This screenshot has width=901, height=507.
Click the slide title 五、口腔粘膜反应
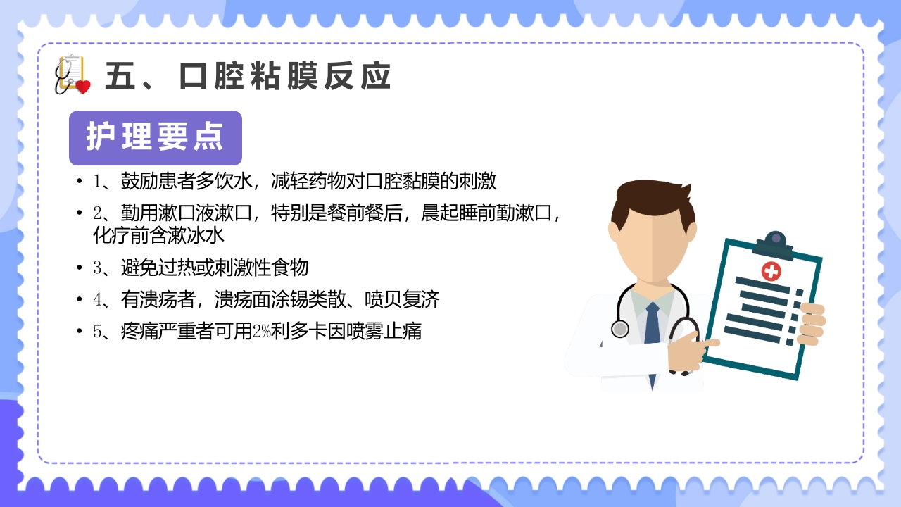click(248, 76)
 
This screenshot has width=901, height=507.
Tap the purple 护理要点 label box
click(156, 137)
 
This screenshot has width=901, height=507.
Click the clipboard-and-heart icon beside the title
click(72, 75)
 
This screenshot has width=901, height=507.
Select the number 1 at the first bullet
click(98, 182)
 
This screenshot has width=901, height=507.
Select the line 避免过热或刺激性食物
click(215, 268)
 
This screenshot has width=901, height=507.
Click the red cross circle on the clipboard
click(771, 271)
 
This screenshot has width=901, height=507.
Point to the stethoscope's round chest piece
click(620, 329)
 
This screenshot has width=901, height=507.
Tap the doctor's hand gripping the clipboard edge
click(812, 324)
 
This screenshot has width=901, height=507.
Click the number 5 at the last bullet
click(98, 331)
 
